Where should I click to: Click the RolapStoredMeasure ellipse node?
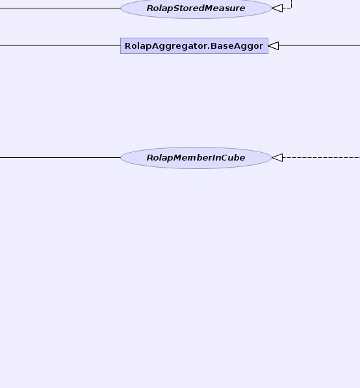tap(196, 8)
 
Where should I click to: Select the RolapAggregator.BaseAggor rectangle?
tap(194, 45)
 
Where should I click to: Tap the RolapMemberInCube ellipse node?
tap(196, 158)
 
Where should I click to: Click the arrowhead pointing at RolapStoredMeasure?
tap(277, 8)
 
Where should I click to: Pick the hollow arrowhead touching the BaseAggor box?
tap(274, 45)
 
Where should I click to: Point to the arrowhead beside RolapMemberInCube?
tap(277, 158)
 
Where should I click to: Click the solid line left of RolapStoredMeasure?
tap(60, 8)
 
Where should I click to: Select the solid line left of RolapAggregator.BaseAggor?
tap(60, 45)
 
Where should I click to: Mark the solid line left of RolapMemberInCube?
tap(60, 158)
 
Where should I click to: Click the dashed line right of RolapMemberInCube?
tap(321, 158)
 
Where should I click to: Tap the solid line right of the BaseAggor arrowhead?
tap(320, 45)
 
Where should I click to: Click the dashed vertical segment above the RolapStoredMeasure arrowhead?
tap(292, 4)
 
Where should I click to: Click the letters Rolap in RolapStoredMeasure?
tap(161, 8)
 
